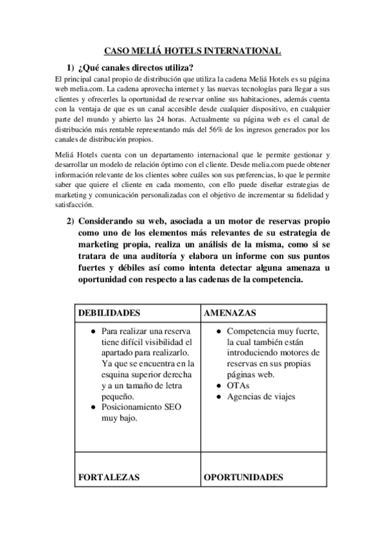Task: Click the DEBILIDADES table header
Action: pos(109,312)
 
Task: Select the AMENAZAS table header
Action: pos(231,312)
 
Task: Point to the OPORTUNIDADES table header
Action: pos(243,478)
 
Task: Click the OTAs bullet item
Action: pos(237,385)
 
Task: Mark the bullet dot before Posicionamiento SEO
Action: pos(94,408)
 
